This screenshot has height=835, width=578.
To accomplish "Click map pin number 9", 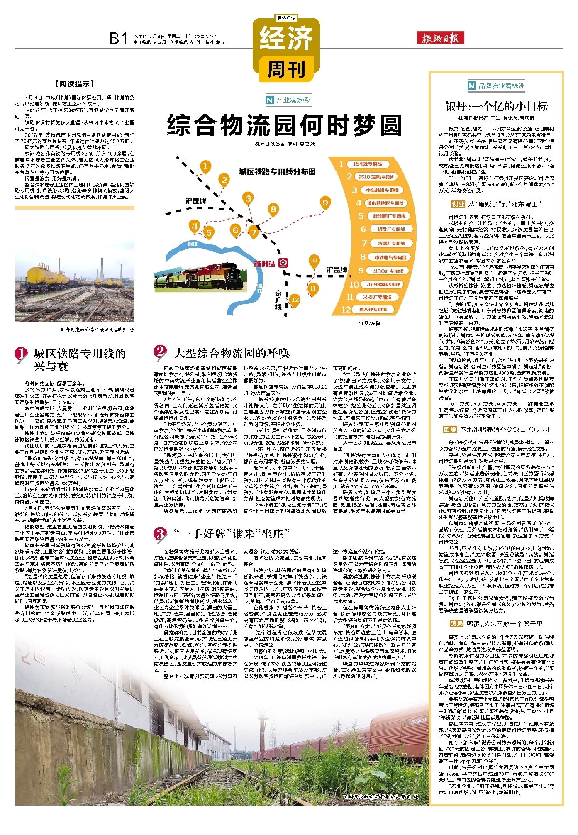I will pos(325,203).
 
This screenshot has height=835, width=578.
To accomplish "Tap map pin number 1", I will pos(205,166).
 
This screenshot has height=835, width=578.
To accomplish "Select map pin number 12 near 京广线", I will pos(295,299).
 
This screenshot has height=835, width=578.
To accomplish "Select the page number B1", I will pos(118,38).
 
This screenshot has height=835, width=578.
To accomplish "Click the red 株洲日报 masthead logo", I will pos(440,38).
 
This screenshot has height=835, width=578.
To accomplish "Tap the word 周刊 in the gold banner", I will pos(286,69).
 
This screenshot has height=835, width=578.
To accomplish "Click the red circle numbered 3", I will pos(160,533).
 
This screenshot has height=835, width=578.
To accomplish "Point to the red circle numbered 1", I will pos(21,354).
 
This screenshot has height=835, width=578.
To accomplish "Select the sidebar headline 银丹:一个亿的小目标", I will pos(496,106).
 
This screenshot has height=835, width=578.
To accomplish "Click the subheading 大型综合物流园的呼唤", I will pos(231,353).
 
